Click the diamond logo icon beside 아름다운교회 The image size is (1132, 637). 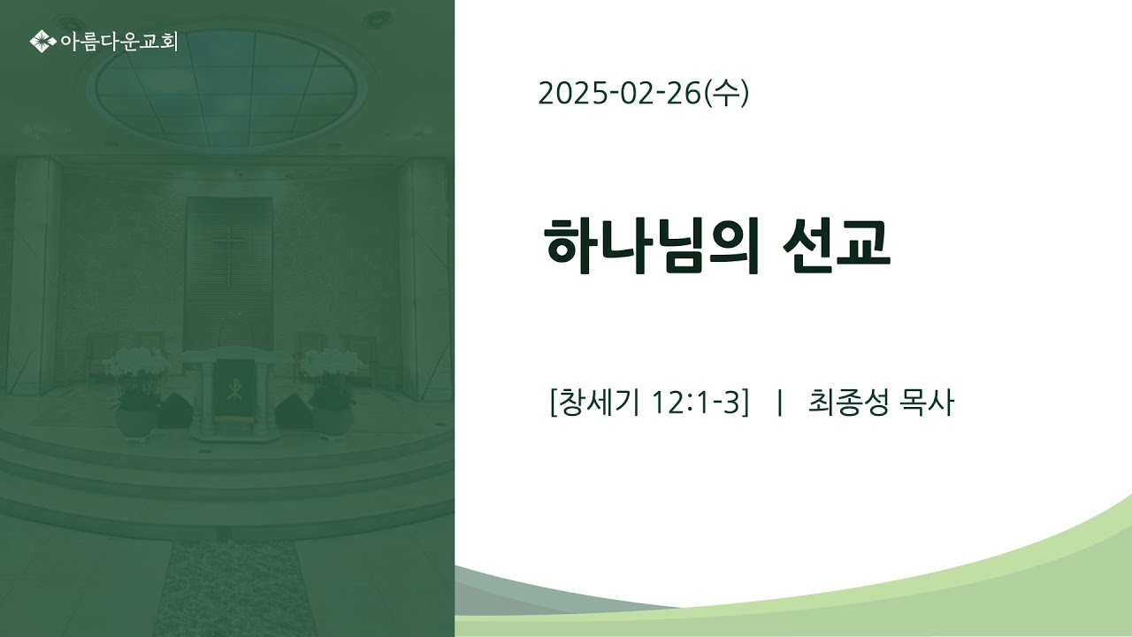pyautogui.click(x=42, y=42)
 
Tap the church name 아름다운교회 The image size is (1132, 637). pyautogui.click(x=119, y=42)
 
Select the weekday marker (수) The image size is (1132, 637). pyautogui.click(x=726, y=94)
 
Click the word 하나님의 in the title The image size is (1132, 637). pyautogui.click(x=652, y=246)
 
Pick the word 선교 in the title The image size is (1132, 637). pyautogui.click(x=837, y=245)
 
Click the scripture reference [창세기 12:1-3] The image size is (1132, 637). pyautogui.click(x=649, y=403)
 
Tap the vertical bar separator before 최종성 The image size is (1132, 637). pyautogui.click(x=780, y=403)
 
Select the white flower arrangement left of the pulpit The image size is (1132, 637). pyautogui.click(x=135, y=377)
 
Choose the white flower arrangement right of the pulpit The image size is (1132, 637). pyautogui.click(x=332, y=377)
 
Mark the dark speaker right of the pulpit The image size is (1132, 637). pyautogui.click(x=294, y=412)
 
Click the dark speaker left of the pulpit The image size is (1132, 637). pyautogui.click(x=175, y=411)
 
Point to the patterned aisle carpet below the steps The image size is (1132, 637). pyautogui.click(x=235, y=587)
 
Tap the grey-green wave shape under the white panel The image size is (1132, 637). pyautogui.click(x=546, y=594)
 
